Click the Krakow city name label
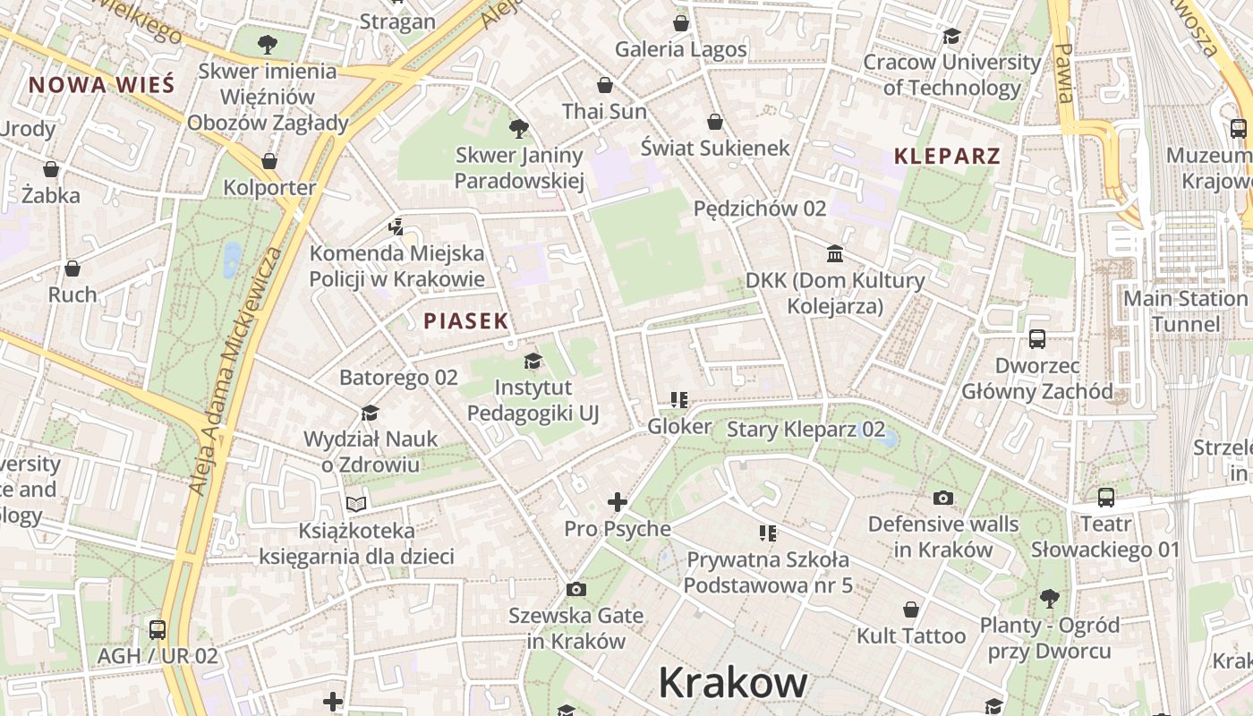pos(732,683)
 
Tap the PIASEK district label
pos(465,320)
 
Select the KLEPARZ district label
pos(947,156)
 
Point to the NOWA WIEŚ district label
pos(100,85)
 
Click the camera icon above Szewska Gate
pos(576,589)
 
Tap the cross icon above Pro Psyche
pos(618,502)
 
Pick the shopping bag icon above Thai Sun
pos(605,85)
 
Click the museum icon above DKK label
pos(835,254)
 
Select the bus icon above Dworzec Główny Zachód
pos(1037,339)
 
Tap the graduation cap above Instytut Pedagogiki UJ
pos(533,362)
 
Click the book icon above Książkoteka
pos(356,504)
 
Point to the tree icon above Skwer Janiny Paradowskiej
pos(518,129)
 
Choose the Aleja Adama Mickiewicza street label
pos(234,371)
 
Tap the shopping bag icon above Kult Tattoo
pos(911,610)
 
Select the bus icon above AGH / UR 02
pos(158,629)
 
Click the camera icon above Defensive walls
pos(943,498)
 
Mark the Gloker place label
pos(680,427)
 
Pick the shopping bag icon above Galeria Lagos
pos(681,23)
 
